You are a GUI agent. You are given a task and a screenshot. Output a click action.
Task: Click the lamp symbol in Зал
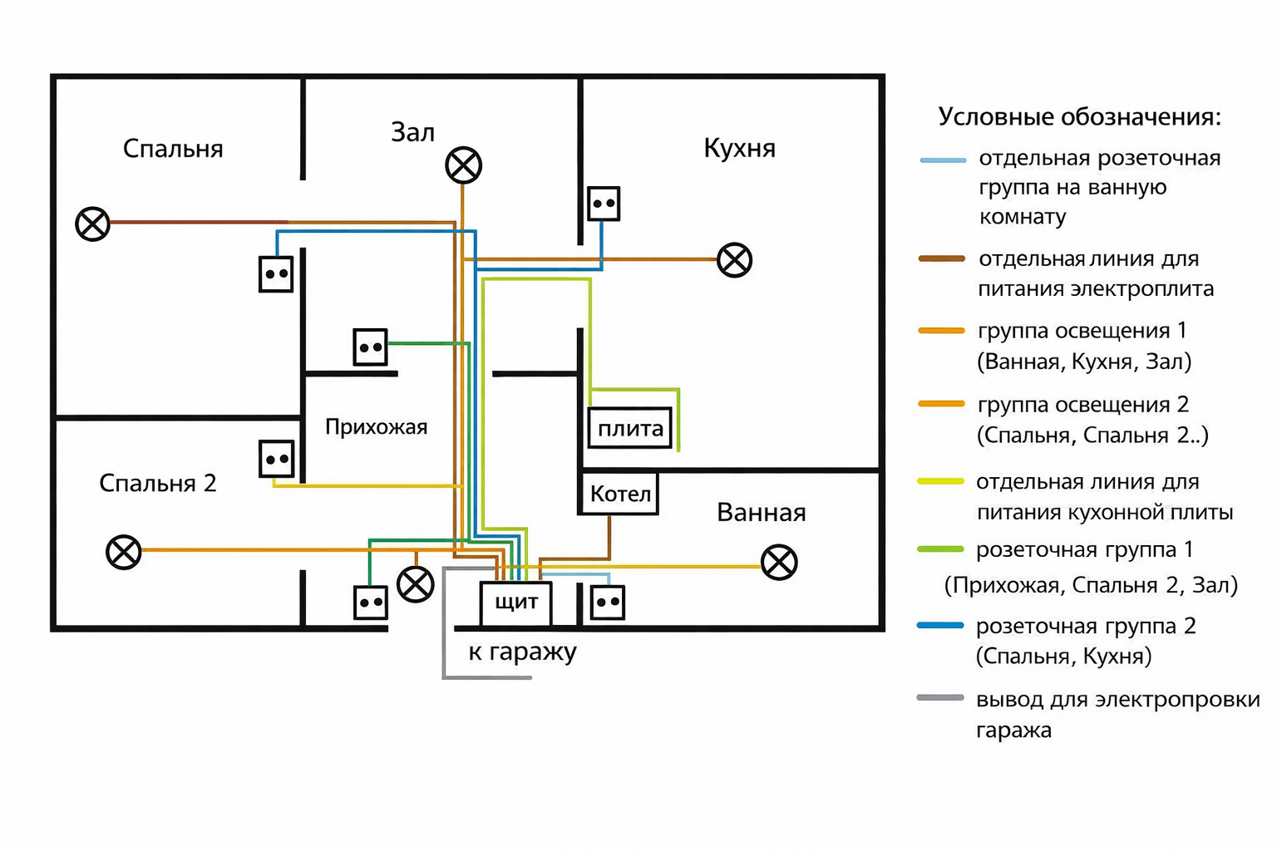[x=463, y=165]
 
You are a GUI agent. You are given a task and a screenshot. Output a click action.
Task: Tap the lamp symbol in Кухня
[x=734, y=260]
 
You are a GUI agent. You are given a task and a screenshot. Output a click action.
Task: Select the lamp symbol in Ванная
[x=779, y=563]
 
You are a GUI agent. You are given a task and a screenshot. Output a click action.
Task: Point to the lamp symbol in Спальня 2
[x=124, y=552]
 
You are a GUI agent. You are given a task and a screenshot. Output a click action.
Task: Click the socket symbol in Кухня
[x=604, y=204]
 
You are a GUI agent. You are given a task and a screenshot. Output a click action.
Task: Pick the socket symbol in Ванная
[x=608, y=603]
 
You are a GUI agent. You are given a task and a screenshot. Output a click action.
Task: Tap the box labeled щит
[x=515, y=603]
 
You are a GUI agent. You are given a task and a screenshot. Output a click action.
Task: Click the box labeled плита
[x=629, y=429]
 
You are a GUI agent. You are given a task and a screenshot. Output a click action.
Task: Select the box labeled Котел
[x=619, y=494]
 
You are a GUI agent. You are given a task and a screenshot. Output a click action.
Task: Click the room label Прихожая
[x=376, y=427]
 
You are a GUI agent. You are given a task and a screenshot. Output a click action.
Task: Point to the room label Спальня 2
[x=158, y=483]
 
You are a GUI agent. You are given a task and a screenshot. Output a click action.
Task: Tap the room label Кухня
[x=739, y=148]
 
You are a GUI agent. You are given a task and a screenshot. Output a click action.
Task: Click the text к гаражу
[x=522, y=652]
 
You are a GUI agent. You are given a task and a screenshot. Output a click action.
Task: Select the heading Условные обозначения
[x=1079, y=116]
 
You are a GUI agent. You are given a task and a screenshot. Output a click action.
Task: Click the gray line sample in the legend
[x=940, y=698]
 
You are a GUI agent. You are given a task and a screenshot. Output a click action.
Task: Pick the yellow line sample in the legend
[x=940, y=481]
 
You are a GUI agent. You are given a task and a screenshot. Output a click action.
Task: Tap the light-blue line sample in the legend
[x=943, y=160]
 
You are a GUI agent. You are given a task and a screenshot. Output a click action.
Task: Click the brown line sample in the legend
[x=941, y=258]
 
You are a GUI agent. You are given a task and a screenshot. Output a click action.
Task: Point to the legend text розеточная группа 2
[x=1086, y=626]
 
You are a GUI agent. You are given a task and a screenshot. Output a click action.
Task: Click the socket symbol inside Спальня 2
[x=276, y=459]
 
